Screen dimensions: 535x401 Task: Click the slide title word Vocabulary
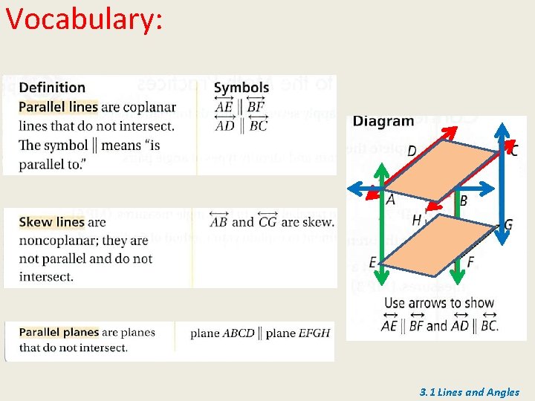[82, 20]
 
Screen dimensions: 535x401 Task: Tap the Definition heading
[52, 88]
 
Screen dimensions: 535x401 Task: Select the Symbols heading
[241, 88]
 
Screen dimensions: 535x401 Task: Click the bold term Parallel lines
[58, 107]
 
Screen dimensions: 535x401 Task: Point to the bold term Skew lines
[51, 222]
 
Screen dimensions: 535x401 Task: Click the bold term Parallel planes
[59, 332]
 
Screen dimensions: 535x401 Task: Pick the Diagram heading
[383, 121]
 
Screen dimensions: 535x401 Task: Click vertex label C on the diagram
[513, 151]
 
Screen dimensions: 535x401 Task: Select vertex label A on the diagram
[391, 199]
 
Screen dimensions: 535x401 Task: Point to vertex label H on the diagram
[416, 220]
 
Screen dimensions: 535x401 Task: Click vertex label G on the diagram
[508, 224]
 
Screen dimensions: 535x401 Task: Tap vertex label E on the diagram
[372, 261]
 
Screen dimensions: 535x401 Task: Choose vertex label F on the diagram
[470, 262]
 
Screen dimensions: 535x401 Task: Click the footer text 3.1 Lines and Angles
[469, 392]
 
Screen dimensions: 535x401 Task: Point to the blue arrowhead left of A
[355, 189]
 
